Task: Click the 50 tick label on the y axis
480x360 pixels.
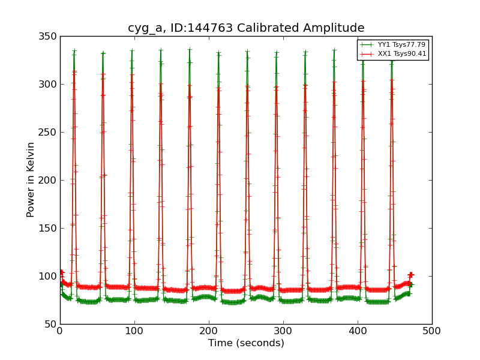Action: coord(51,325)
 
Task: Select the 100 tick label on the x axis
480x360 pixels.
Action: coord(134,331)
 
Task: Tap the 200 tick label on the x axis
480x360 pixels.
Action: coord(209,331)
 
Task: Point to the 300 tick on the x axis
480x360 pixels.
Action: coord(283,331)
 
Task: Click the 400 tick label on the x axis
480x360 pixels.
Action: coord(358,331)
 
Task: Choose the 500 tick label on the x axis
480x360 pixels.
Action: coord(431,331)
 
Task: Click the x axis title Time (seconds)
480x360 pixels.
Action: coord(246,343)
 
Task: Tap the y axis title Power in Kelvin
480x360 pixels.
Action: coord(31,180)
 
